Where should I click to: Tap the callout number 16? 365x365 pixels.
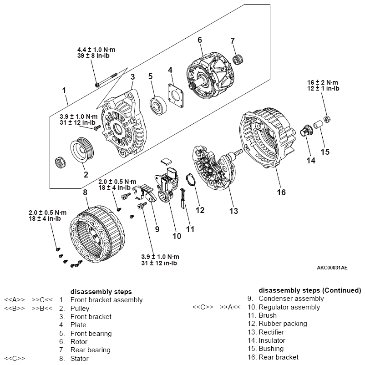[281, 193]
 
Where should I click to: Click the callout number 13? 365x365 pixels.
[233, 210]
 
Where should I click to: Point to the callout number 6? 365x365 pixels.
[199, 40]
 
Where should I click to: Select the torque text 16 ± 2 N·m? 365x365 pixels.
[323, 82]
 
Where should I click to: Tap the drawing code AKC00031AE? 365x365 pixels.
[332, 268]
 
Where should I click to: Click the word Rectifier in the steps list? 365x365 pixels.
[271, 332]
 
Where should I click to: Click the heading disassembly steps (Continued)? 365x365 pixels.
[310, 290]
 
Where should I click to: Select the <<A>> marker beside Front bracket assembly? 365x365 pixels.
[14, 300]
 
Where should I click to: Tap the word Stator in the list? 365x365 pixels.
[79, 358]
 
